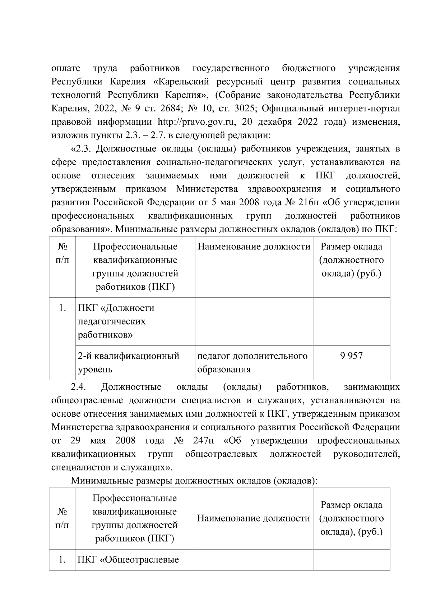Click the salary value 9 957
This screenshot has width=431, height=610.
(351, 356)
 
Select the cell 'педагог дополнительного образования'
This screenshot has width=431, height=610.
(252, 362)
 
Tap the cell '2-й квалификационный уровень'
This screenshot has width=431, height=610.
(129, 362)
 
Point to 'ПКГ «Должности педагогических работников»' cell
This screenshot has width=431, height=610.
(116, 321)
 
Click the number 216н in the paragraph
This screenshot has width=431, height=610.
(309, 203)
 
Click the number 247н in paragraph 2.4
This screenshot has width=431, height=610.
(204, 441)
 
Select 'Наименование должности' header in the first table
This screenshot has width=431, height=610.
(254, 247)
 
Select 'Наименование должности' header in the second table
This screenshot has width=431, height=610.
(254, 518)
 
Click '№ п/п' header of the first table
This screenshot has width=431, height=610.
(62, 253)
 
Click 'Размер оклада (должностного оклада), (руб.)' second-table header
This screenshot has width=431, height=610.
(351, 518)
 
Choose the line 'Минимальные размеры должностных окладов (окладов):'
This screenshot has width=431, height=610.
(194, 481)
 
